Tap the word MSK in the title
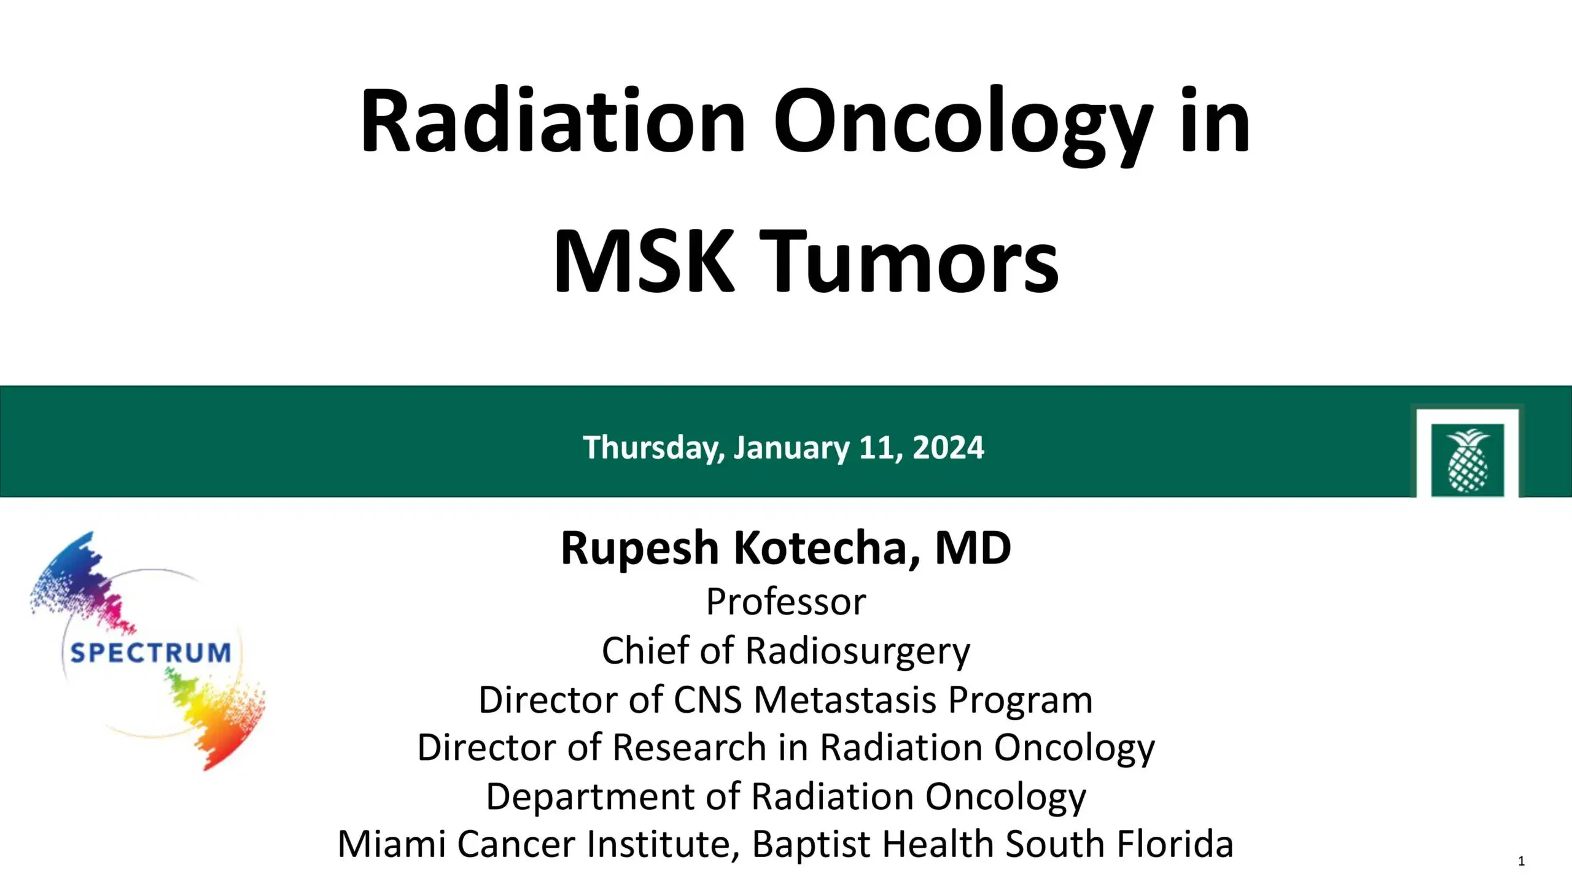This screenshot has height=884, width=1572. coord(644,261)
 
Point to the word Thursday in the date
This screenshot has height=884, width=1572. coord(651,447)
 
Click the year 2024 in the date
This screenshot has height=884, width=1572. coord(948,447)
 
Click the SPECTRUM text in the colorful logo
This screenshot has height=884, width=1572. coord(150,653)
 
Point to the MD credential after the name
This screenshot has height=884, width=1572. coord(973,548)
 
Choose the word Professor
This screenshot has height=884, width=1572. coord(786,602)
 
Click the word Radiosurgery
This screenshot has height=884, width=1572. coord(857,651)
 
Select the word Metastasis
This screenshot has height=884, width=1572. coord(845,699)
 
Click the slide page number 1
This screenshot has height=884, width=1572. coord(1521,861)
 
